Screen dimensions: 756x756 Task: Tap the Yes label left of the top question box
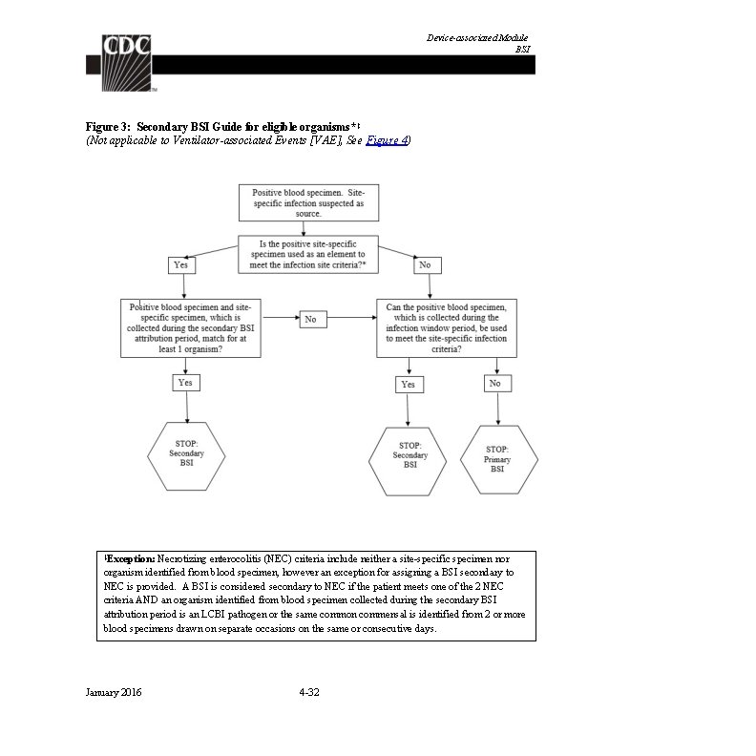181,264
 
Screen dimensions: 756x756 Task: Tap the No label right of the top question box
425,264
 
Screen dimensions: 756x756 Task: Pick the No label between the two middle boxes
310,319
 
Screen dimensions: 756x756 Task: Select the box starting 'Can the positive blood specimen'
446,328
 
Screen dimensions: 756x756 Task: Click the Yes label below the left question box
186,382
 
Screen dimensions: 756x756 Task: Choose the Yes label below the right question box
408,384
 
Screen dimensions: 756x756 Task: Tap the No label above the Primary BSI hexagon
494,383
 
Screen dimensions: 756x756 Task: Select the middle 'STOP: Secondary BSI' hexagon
410,460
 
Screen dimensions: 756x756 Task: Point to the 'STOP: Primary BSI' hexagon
497,459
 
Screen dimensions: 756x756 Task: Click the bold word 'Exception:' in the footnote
130,557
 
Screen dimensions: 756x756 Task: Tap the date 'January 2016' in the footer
114,692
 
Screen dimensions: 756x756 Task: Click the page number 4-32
308,692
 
